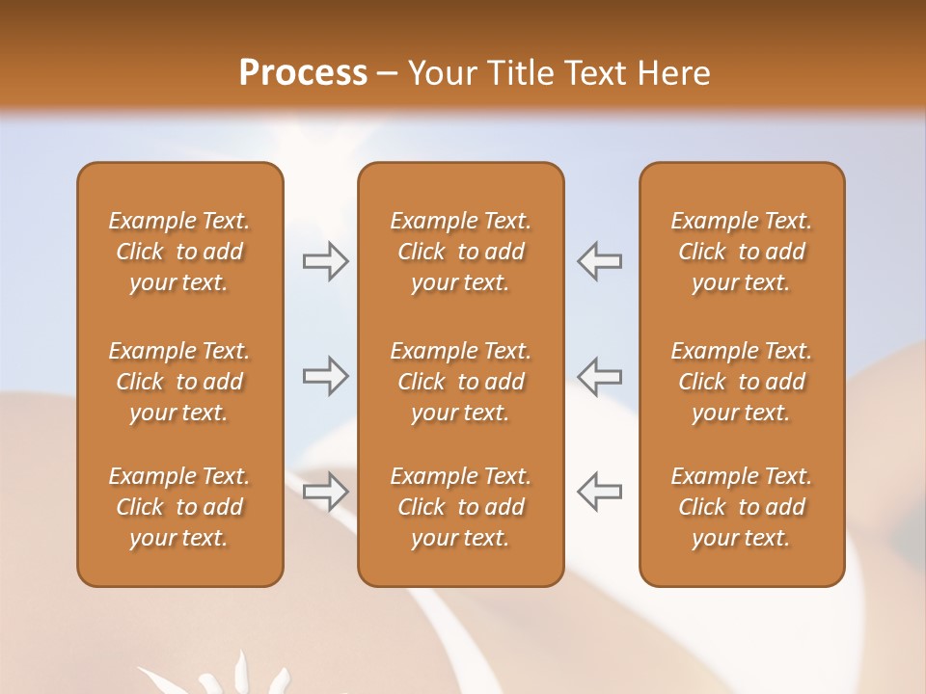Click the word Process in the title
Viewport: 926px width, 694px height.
pyautogui.click(x=303, y=73)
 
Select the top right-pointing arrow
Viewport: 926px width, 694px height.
pyautogui.click(x=325, y=261)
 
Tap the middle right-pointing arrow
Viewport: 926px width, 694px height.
pyautogui.click(x=325, y=376)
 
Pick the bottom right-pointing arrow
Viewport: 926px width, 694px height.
pyautogui.click(x=325, y=492)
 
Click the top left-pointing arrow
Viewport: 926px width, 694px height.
pyautogui.click(x=599, y=261)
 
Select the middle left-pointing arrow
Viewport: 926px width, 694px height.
pyautogui.click(x=599, y=376)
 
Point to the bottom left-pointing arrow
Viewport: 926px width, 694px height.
pyautogui.click(x=599, y=492)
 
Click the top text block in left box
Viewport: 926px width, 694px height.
pyautogui.click(x=179, y=252)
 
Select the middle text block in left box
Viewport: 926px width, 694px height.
pyautogui.click(x=179, y=382)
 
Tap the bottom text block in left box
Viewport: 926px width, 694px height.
pyautogui.click(x=179, y=507)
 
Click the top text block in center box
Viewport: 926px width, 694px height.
pyautogui.click(x=460, y=252)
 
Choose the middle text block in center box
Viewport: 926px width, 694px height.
pyautogui.click(x=460, y=382)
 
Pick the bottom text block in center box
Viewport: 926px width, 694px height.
pyautogui.click(x=460, y=507)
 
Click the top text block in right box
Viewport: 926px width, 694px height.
pyautogui.click(x=741, y=252)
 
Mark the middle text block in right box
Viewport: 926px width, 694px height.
pyautogui.click(x=741, y=382)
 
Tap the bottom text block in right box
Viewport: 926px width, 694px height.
pyautogui.click(x=741, y=507)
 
